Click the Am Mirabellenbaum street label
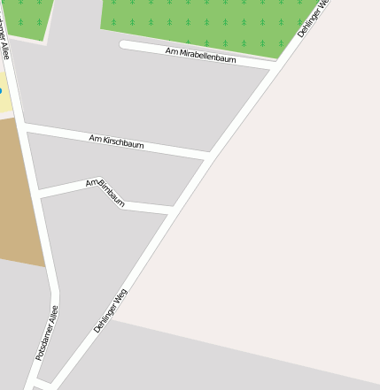point(200,55)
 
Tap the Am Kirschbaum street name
point(116,141)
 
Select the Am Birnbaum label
point(105,192)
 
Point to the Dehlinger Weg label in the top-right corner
point(314,18)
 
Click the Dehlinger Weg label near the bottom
point(111,310)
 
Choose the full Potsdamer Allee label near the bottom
point(47,333)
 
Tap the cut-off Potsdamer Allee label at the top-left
point(5,40)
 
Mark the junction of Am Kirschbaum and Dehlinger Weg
point(209,157)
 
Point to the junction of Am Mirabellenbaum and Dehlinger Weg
point(271,67)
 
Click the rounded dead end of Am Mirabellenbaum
point(124,44)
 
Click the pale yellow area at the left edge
point(4,102)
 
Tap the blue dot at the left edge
point(1,91)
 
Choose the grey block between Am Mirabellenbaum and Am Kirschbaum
point(151,97)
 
